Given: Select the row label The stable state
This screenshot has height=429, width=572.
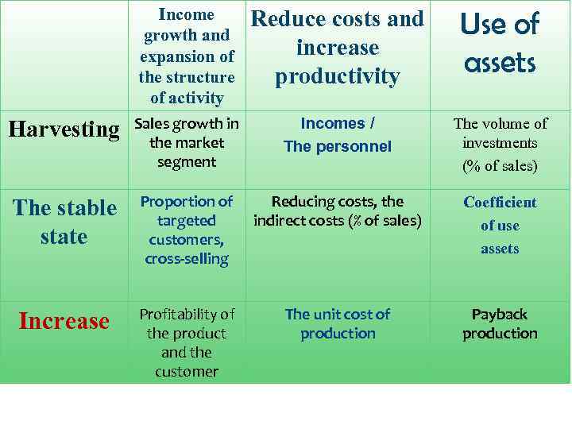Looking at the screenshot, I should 64,222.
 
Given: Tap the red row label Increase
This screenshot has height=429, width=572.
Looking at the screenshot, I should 64,321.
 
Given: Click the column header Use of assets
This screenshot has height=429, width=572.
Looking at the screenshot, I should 499,43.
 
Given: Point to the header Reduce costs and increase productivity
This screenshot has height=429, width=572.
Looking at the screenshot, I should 338,48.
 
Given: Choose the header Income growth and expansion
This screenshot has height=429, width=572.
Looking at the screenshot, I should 187,56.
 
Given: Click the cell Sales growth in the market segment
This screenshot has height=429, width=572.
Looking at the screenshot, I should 187,143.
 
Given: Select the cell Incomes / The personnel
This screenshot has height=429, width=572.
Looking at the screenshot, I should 338,135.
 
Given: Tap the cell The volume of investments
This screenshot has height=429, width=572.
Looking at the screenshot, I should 500,144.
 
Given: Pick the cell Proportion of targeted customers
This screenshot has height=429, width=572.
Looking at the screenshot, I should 187,230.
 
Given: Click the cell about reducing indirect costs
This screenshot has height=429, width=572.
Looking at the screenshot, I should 338,211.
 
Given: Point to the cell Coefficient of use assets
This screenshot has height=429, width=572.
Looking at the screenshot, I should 500,226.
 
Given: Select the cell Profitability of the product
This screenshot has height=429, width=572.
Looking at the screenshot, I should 187,342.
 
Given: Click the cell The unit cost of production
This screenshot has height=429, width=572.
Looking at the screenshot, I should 338,323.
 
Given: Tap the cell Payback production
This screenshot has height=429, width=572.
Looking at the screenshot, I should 500,323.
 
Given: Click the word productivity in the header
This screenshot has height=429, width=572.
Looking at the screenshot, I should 337,76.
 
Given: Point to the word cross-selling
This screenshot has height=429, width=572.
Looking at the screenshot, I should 187,258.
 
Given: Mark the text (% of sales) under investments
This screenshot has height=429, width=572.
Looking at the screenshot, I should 500,166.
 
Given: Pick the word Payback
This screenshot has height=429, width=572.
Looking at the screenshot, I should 500,314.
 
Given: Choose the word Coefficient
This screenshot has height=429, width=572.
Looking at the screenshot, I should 500,203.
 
